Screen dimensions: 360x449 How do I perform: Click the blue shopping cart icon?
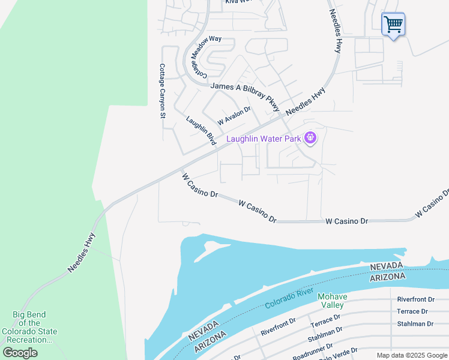[x=393, y=25]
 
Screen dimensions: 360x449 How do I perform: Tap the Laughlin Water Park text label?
[x=263, y=139]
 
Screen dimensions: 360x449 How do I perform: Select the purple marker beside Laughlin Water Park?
[x=310, y=139]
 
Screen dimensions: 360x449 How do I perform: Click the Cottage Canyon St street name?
[x=162, y=91]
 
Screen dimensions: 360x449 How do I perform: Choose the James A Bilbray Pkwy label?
[x=245, y=95]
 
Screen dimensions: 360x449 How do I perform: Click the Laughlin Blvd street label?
[x=200, y=131]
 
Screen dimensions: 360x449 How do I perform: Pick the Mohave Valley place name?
[x=332, y=301]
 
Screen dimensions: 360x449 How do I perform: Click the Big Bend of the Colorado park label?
[x=29, y=327]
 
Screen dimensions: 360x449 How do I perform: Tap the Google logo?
[x=20, y=353]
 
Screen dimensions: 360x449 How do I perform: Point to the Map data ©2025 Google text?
[x=412, y=355]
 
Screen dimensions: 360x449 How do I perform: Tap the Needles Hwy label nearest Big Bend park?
[x=82, y=253]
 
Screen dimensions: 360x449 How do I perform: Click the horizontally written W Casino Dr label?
[x=346, y=221]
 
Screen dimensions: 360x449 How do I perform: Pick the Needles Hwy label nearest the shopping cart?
[x=334, y=31]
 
